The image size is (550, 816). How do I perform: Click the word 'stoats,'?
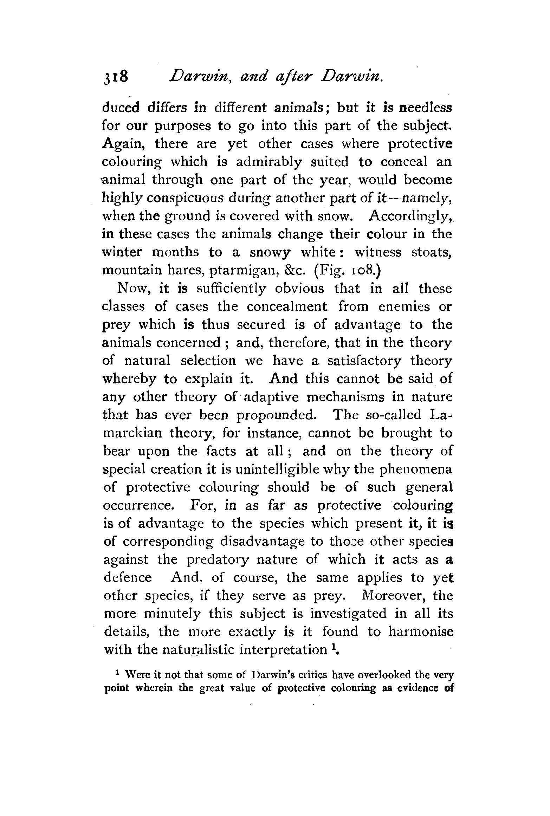(431, 252)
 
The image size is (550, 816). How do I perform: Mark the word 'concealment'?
(287, 306)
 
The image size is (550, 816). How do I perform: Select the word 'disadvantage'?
(262, 542)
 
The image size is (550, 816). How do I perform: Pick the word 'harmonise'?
(420, 632)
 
